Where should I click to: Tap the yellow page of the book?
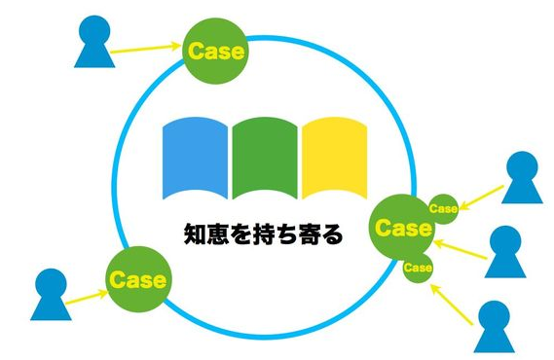tap(334, 155)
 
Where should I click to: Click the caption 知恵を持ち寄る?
tap(265, 234)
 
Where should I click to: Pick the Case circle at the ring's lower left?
tap(137, 279)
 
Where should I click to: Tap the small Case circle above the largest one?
tap(443, 206)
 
